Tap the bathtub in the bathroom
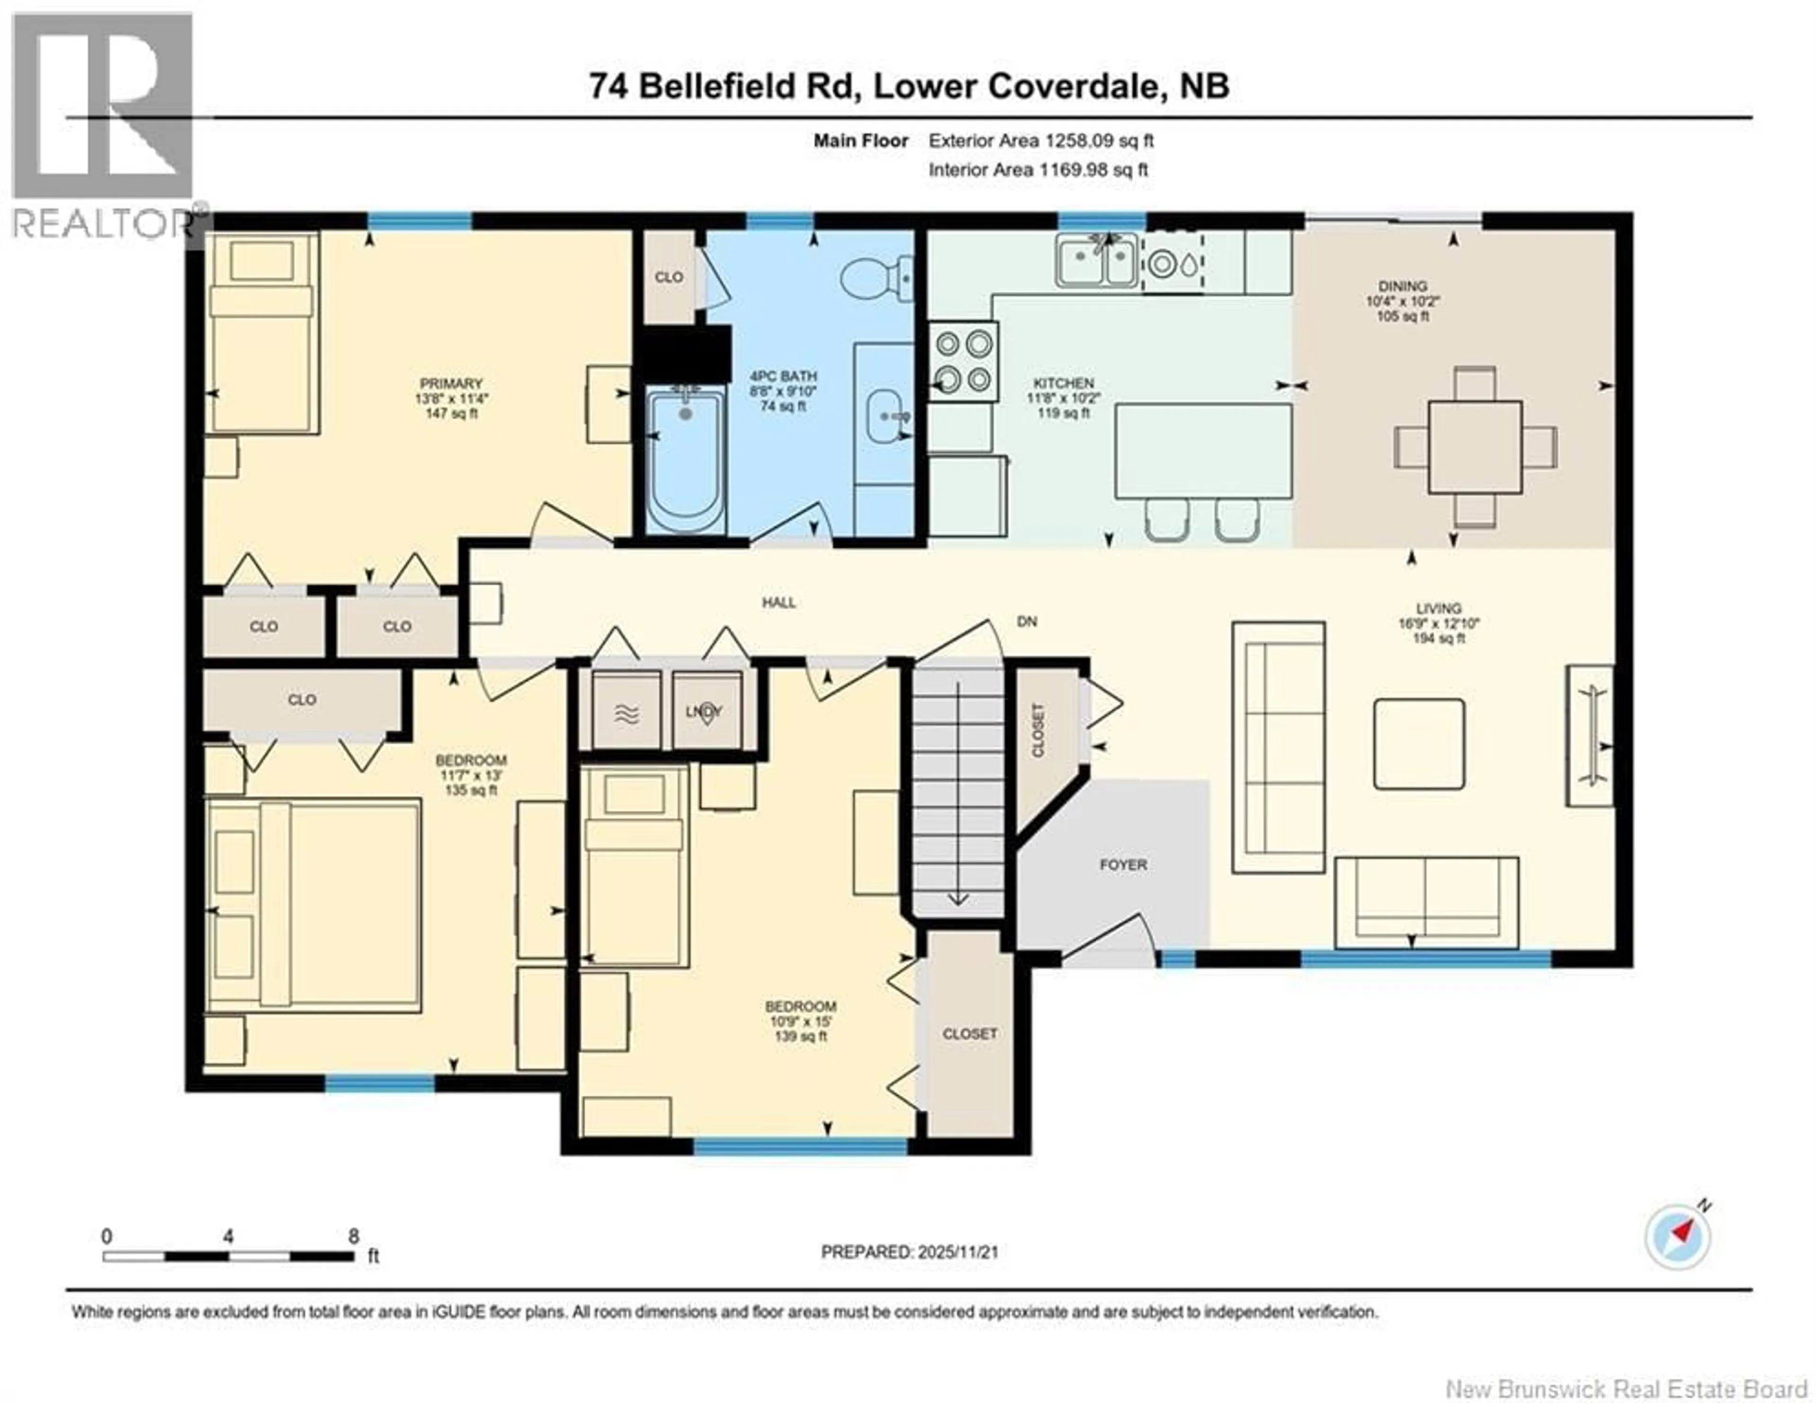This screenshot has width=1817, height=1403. coord(686,462)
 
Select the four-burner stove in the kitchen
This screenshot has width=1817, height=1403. coord(963,361)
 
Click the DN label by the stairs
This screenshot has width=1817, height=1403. coord(1027,622)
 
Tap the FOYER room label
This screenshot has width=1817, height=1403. coord(1123,865)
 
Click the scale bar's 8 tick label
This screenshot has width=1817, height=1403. coord(353,1236)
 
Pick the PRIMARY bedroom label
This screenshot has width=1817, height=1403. coord(451,383)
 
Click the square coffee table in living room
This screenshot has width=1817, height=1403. coord(1420,744)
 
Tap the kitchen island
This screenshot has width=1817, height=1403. coord(1203,450)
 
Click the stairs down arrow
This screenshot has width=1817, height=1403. coord(958,898)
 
